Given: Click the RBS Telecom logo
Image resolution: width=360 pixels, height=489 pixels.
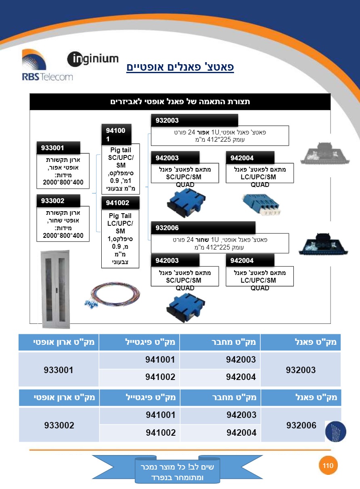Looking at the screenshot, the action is [47, 65].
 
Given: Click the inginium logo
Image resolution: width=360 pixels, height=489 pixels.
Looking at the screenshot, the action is [93, 59].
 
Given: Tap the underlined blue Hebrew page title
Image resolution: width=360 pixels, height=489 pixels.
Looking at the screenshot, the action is [180, 67].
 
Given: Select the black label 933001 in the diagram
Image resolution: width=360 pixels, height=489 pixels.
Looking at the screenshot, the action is [58, 148].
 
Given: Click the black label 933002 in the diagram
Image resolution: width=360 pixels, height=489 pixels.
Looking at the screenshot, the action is [58, 201].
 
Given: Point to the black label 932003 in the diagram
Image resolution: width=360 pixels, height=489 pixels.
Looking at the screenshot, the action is [195, 120].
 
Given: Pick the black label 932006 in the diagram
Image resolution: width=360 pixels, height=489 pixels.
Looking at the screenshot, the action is [203, 228].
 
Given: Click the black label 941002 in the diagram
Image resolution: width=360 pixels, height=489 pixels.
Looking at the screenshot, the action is [120, 203].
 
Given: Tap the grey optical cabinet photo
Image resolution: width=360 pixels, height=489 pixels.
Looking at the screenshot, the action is [55, 290].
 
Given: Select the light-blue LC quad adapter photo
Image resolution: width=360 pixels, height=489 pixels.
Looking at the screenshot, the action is [262, 204].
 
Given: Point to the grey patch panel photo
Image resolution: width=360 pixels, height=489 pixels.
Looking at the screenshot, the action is [324, 153].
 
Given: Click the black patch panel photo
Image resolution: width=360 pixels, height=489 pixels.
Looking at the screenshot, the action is [324, 244].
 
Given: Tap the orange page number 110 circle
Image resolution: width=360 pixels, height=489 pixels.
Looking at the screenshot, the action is [328, 466].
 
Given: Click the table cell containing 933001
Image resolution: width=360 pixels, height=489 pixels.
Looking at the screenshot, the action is [59, 369].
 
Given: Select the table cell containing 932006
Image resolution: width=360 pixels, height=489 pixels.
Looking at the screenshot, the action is [301, 425].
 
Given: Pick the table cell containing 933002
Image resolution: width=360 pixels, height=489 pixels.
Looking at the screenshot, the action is [59, 425].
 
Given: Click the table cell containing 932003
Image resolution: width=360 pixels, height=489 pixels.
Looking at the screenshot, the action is [301, 369].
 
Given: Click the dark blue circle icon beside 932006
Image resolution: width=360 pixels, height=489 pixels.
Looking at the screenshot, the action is [335, 432].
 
